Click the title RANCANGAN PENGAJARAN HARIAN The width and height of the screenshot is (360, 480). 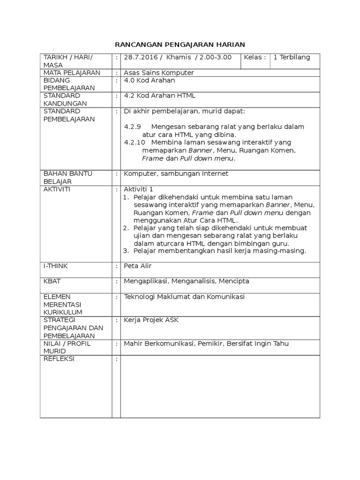180,45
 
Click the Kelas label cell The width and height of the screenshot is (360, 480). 255,58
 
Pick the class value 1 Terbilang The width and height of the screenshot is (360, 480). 292,58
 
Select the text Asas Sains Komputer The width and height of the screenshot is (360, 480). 158,73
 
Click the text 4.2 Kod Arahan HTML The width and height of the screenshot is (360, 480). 159,96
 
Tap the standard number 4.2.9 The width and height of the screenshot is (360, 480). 132,127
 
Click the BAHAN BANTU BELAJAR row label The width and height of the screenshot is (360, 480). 67,178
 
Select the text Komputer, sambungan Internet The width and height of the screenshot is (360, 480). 176,174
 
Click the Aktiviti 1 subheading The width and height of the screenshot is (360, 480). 138,189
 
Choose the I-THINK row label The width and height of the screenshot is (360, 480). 56,266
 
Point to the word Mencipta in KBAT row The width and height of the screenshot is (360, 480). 233,281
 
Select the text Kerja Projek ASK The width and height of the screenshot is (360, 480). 151,320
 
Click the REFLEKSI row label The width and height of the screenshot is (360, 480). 59,359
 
